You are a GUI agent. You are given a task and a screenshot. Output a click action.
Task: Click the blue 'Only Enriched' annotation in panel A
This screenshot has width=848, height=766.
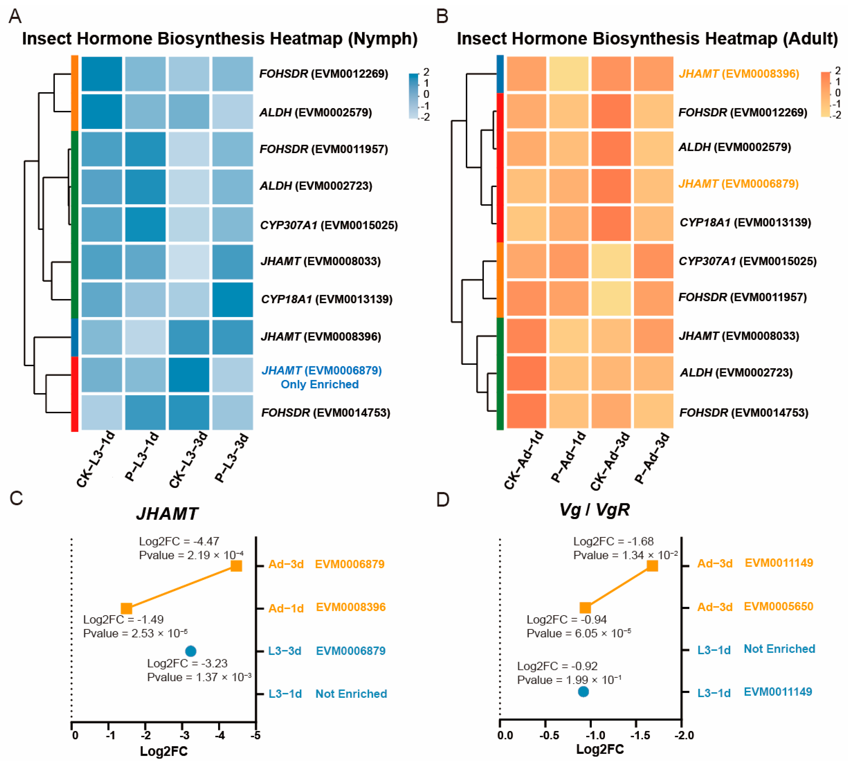click(320, 384)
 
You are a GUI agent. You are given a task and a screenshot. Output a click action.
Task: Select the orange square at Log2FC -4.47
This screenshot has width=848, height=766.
click(236, 566)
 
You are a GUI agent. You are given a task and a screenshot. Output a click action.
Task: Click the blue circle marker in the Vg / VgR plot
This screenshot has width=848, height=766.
click(583, 692)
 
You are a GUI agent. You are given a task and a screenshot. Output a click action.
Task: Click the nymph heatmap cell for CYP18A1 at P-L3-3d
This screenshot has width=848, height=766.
click(233, 299)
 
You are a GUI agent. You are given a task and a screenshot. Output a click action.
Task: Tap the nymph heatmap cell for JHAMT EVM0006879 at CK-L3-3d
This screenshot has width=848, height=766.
click(189, 375)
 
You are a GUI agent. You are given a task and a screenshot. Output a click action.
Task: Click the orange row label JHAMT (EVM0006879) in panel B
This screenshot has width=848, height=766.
click(739, 184)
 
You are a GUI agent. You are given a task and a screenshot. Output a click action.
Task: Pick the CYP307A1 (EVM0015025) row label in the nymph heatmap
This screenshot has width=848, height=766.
click(329, 225)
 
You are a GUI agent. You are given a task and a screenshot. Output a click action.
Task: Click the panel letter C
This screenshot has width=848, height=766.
click(16, 498)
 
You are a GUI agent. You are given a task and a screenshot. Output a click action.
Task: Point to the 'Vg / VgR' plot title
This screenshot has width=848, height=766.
click(594, 510)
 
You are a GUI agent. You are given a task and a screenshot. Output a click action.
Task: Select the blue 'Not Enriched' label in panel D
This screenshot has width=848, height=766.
click(779, 649)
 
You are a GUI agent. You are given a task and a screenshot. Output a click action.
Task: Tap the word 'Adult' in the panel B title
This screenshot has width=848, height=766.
click(809, 39)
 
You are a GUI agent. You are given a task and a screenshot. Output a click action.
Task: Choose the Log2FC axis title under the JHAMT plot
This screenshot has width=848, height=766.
click(164, 751)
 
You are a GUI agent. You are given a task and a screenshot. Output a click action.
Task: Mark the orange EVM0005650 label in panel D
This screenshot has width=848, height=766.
click(779, 606)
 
